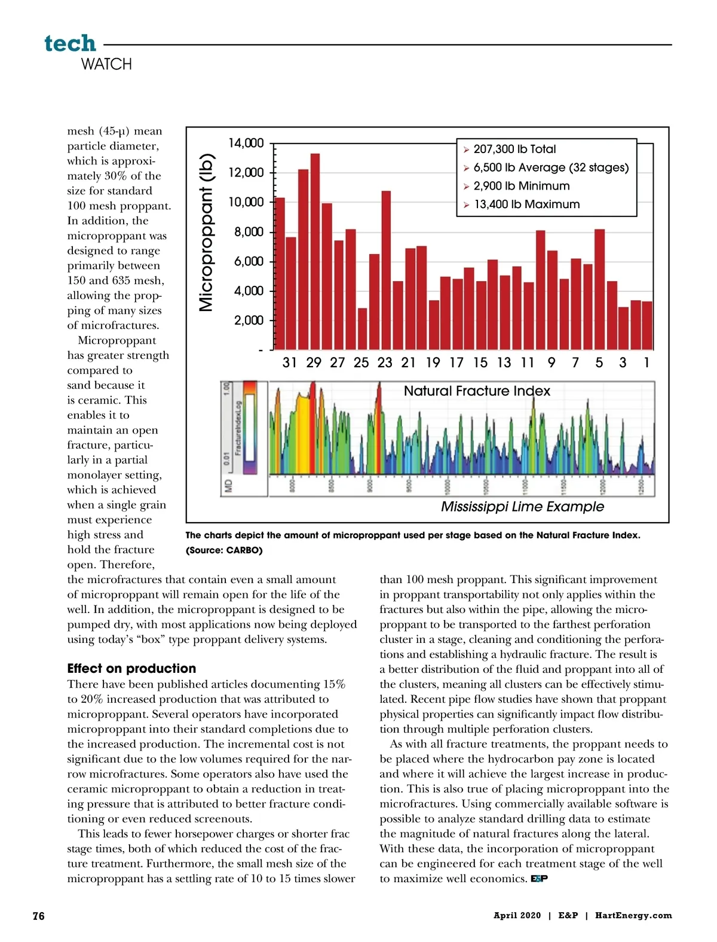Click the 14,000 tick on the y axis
pyautogui.click(x=246, y=143)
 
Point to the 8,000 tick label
pyautogui.click(x=249, y=232)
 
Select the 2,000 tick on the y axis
pyautogui.click(x=249, y=321)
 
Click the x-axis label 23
pyautogui.click(x=385, y=362)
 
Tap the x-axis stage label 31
pyautogui.click(x=290, y=362)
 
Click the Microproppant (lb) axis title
pyautogui.click(x=207, y=233)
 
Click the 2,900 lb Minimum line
pyautogui.click(x=521, y=186)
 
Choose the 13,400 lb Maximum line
pyautogui.click(x=526, y=205)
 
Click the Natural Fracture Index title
pyautogui.click(x=477, y=391)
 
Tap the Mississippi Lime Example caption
pyautogui.click(x=522, y=507)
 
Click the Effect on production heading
pyautogui.click(x=131, y=669)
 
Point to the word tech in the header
pyautogui.click(x=70, y=43)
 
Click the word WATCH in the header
pyautogui.click(x=106, y=64)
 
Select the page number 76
pyautogui.click(x=38, y=916)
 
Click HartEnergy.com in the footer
pyautogui.click(x=633, y=916)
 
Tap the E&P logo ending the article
pyautogui.click(x=539, y=879)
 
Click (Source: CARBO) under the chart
pyautogui.click(x=224, y=550)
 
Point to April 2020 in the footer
pyautogui.click(x=517, y=916)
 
